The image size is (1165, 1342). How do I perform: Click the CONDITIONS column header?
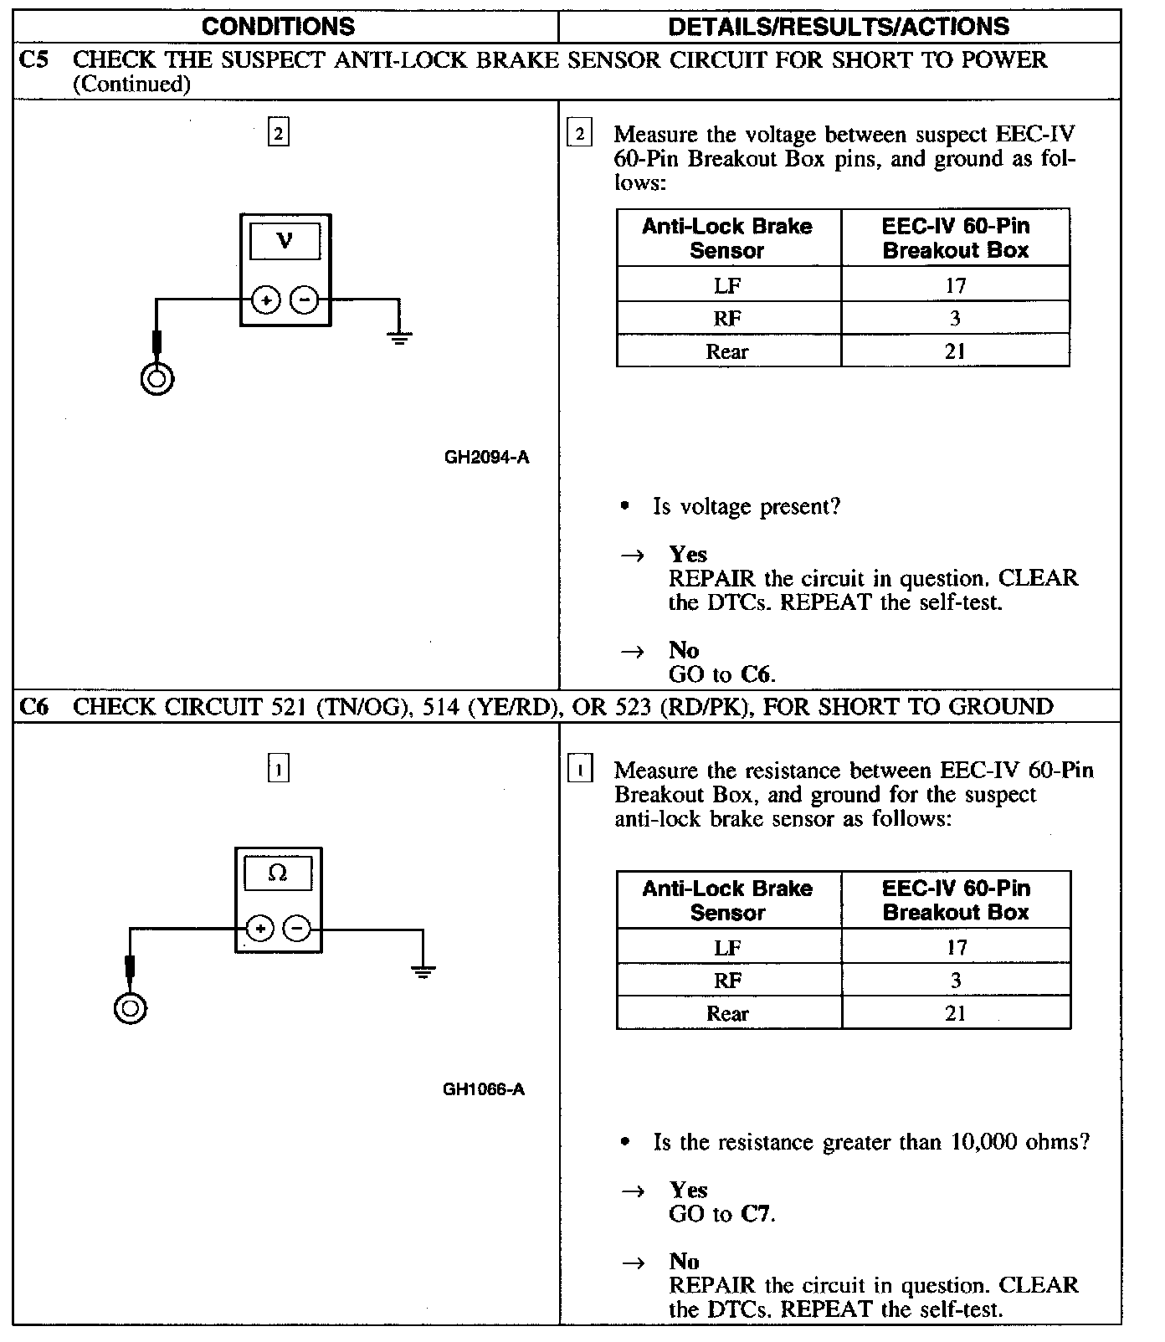pyautogui.click(x=278, y=26)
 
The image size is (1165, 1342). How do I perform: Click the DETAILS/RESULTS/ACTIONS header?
pyautogui.click(x=839, y=26)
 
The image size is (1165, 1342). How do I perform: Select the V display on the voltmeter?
pyautogui.click(x=285, y=242)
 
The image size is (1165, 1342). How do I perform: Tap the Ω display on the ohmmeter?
pyautogui.click(x=278, y=873)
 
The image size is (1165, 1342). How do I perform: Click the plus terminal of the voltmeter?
pyautogui.click(x=266, y=300)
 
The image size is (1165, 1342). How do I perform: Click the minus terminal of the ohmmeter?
pyautogui.click(x=297, y=929)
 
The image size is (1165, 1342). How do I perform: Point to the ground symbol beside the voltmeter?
pyautogui.click(x=399, y=337)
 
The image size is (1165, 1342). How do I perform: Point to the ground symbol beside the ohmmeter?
pyautogui.click(x=423, y=971)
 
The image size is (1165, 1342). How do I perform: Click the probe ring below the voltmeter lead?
pyautogui.click(x=157, y=379)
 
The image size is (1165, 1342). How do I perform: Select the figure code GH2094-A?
pyautogui.click(x=486, y=458)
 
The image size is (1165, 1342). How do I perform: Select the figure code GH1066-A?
pyautogui.click(x=484, y=1089)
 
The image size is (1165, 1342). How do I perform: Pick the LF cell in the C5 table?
pyautogui.click(x=727, y=286)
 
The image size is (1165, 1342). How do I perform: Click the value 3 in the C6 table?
pyautogui.click(x=956, y=981)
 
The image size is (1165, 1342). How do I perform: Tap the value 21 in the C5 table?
pyautogui.click(x=955, y=351)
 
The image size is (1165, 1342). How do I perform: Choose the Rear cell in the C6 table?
pyautogui.click(x=727, y=1014)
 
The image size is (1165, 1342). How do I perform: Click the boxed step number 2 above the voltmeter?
pyautogui.click(x=279, y=132)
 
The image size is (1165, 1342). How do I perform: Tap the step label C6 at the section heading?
pyautogui.click(x=33, y=707)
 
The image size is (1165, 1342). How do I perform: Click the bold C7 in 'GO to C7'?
pyautogui.click(x=756, y=1214)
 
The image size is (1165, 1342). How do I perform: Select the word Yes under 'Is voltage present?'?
pyautogui.click(x=688, y=554)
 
